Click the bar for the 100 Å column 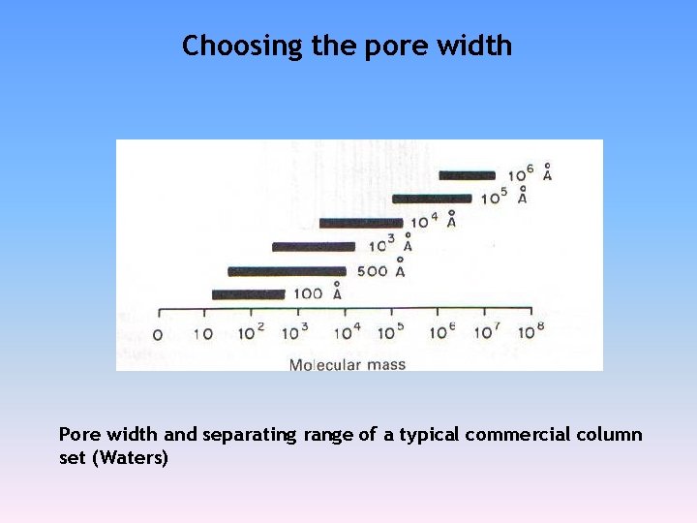248,294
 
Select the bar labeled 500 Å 287,271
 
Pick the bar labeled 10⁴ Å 360,223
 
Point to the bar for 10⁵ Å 432,199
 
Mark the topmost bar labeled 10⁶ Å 467,175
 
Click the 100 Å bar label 318,292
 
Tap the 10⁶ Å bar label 530,173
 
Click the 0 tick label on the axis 159,335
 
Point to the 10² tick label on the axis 253,333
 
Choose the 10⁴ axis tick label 347,333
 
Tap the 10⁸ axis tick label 530,332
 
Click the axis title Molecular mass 348,365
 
